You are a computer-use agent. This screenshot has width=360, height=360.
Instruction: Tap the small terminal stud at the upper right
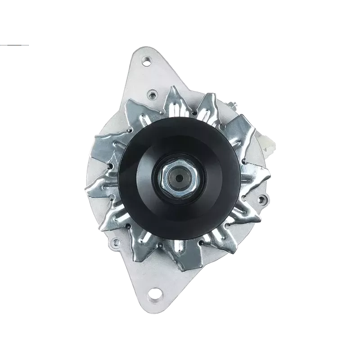[234, 105]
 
